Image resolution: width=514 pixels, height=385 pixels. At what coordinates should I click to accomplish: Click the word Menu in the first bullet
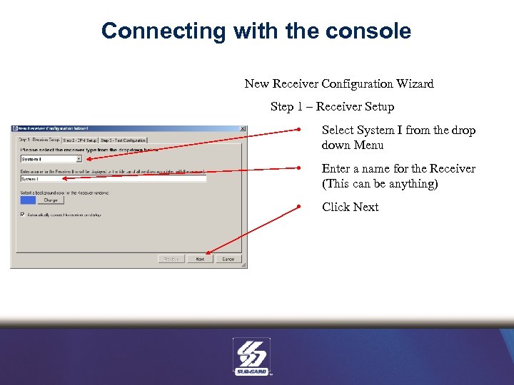click(x=370, y=145)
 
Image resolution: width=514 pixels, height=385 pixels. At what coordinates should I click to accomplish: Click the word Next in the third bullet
click(x=366, y=207)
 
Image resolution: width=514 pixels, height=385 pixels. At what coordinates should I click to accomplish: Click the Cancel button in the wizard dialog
click(x=228, y=259)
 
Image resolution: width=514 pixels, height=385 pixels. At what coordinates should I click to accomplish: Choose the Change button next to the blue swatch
click(x=51, y=200)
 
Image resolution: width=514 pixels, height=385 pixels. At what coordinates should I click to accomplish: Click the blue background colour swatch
click(x=27, y=200)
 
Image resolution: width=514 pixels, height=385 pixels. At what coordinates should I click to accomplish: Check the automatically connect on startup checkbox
click(x=23, y=214)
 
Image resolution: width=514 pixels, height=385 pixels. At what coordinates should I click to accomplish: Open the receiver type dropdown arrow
click(x=79, y=160)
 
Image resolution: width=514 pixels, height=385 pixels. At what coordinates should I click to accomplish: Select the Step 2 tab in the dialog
click(x=80, y=140)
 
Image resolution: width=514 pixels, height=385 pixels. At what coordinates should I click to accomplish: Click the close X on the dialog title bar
click(x=243, y=129)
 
